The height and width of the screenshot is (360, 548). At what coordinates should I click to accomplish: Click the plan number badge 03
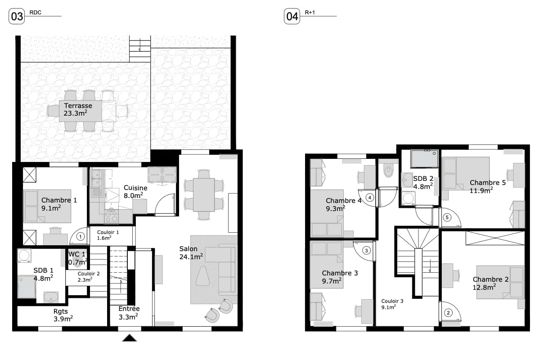[17, 16]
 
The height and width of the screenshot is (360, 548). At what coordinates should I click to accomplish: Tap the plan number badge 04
[292, 16]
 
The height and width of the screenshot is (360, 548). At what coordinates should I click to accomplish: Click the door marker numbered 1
[81, 236]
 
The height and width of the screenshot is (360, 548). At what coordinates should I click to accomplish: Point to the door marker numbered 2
[448, 312]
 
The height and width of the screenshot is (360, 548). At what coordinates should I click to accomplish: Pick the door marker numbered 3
[366, 250]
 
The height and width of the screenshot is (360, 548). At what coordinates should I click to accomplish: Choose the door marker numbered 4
[370, 198]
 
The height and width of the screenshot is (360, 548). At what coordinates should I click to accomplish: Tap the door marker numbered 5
[447, 217]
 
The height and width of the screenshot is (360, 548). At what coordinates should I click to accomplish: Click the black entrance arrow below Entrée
[130, 338]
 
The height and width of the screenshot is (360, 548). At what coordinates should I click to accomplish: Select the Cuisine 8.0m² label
[135, 192]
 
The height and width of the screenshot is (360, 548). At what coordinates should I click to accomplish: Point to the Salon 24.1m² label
[191, 252]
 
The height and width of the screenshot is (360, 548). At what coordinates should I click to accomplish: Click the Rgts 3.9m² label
[63, 315]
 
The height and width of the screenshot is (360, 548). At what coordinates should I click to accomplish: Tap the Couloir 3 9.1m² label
[392, 304]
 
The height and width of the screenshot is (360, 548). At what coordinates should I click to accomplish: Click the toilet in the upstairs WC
[388, 169]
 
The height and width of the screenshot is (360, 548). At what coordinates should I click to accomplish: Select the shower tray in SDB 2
[424, 158]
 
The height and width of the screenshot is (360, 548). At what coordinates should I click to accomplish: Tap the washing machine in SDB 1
[24, 256]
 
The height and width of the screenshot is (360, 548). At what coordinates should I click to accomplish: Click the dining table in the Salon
[204, 195]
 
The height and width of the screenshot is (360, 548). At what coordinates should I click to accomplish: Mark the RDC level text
[35, 13]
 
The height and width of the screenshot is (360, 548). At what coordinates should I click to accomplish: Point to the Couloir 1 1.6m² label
[108, 235]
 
